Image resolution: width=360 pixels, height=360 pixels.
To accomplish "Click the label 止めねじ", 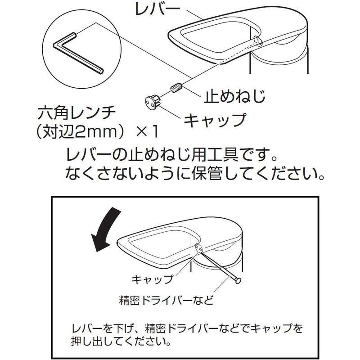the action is pyautogui.click(x=234, y=95).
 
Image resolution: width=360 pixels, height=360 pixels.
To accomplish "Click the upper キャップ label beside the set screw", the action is pyautogui.click(x=215, y=120).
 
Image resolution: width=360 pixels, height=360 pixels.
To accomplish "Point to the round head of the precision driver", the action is pyautogui.click(x=238, y=280).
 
